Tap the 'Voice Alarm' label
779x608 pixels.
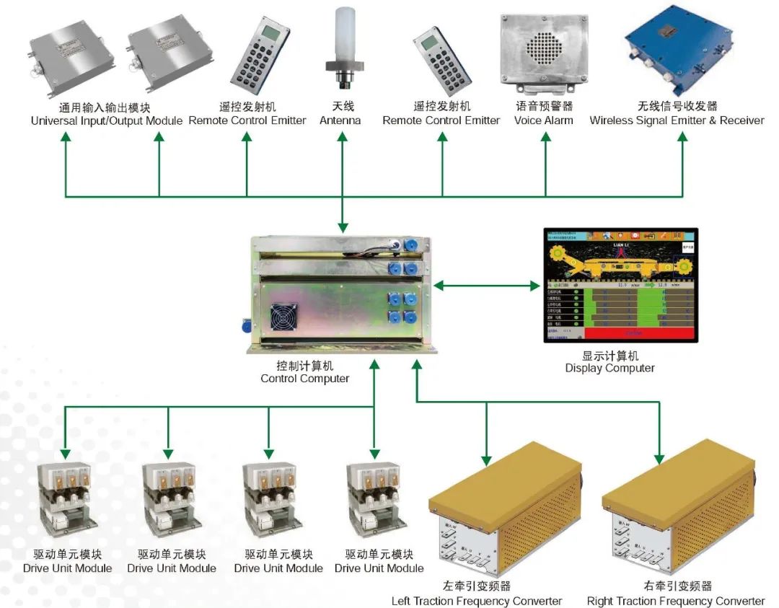point(543,120)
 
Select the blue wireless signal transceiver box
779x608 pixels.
point(679,48)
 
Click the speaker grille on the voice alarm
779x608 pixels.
point(542,48)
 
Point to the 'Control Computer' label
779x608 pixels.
point(304,378)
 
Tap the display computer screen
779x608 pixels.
point(620,285)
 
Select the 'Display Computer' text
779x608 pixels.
point(609,368)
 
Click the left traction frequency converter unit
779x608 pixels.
point(504,519)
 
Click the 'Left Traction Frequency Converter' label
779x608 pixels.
point(477,601)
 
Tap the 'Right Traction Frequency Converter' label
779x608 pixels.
point(676,601)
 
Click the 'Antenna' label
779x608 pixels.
point(340,120)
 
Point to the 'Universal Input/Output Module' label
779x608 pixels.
point(107,120)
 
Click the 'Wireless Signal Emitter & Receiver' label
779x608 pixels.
point(677,120)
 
